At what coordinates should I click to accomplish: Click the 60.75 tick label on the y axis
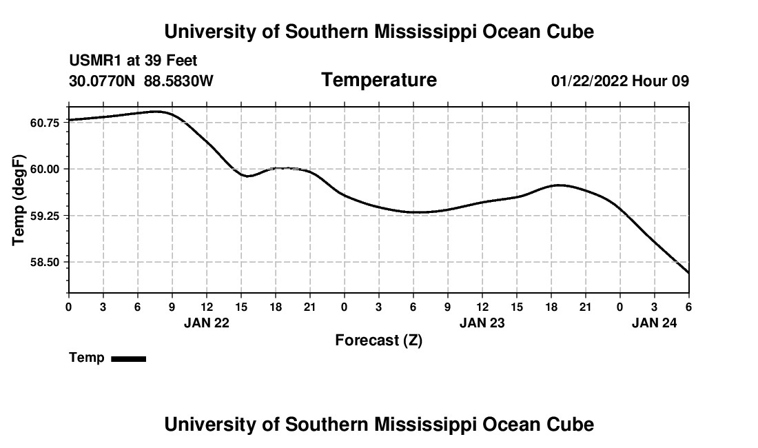coord(45,122)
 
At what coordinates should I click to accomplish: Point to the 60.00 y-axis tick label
coord(45,169)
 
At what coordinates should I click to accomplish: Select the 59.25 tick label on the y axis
coord(45,216)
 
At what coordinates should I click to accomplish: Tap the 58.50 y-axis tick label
coord(45,263)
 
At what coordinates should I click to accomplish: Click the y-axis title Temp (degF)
coord(19,200)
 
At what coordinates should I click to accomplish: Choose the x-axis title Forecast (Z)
coord(378,340)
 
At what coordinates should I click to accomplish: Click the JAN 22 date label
coord(206,322)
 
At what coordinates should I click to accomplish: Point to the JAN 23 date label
coord(482,322)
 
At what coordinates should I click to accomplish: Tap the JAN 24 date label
coord(654,322)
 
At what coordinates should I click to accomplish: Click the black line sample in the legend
coord(128,358)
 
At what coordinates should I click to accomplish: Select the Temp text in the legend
coord(87,358)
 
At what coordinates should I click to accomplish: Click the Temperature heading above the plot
coord(379,80)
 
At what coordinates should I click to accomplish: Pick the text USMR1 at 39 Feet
coord(133,61)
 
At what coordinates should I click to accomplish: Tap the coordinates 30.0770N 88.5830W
coord(141,81)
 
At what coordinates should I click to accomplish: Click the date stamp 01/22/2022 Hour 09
coord(619,81)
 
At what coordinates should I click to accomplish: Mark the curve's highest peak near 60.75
coord(158,111)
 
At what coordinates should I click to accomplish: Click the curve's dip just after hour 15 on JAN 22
coord(247,176)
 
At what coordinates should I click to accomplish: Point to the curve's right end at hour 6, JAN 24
coord(688,273)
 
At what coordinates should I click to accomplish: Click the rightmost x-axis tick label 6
coord(688,306)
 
